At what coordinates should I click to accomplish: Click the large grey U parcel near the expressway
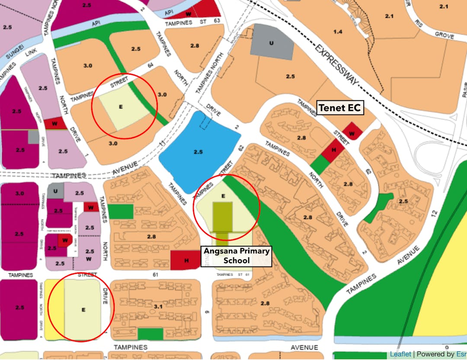(272, 43)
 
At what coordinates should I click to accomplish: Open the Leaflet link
(400, 354)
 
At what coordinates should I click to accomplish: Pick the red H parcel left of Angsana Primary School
(186, 260)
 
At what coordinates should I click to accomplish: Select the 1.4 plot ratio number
(338, 32)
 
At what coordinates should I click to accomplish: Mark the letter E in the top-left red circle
(121, 106)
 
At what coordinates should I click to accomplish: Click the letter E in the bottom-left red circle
(83, 309)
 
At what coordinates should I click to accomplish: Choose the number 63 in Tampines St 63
(217, 20)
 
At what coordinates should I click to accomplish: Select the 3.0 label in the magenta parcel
(19, 193)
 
